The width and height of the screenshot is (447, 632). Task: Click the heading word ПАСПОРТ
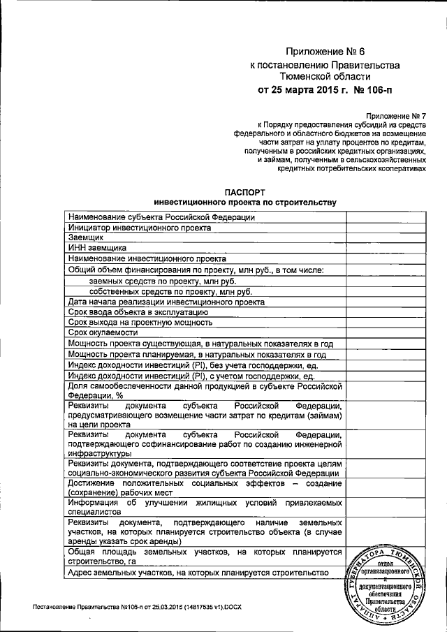tap(245, 192)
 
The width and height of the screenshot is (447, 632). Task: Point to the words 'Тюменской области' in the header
tap(325, 77)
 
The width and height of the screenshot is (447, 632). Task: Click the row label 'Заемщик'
tap(87, 237)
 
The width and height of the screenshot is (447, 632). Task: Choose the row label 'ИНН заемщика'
tap(96, 247)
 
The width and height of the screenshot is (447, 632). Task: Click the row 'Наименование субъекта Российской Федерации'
tap(161, 216)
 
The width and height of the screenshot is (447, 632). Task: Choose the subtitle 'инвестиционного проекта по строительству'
tap(245, 203)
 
